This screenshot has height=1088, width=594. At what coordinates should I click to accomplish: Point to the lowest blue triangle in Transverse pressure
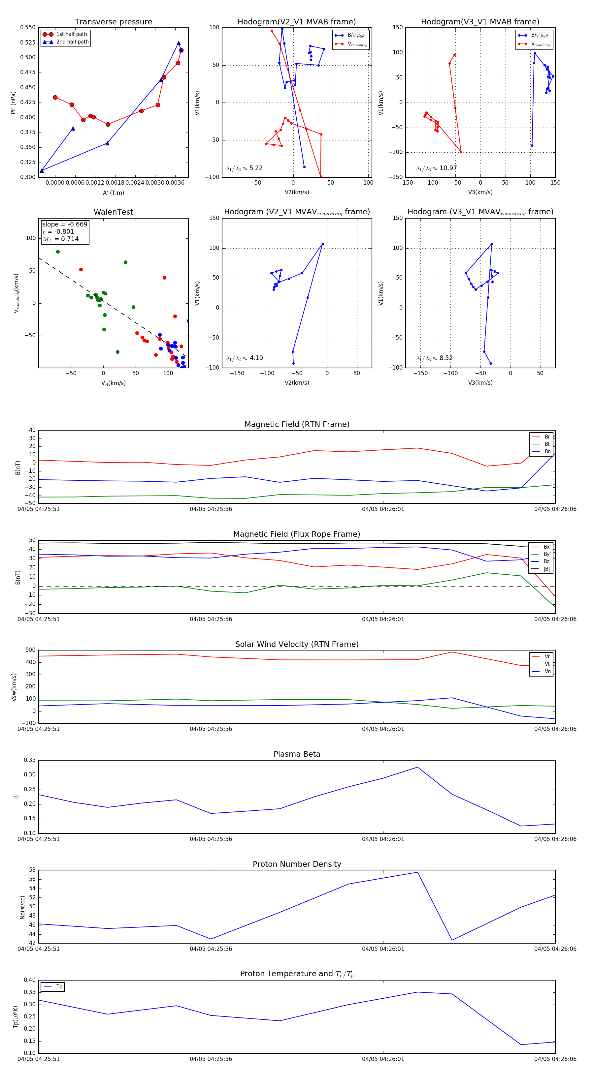point(42,171)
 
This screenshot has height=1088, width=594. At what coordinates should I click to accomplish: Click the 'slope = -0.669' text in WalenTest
point(65,224)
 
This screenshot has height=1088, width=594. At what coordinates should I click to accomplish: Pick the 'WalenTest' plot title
point(113,212)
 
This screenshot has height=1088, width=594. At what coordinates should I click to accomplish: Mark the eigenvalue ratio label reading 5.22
point(244,168)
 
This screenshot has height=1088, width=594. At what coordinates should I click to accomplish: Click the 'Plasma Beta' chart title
point(297,754)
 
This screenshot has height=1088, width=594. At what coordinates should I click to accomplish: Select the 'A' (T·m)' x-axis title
point(113,193)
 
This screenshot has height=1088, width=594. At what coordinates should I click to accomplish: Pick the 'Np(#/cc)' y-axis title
point(23,907)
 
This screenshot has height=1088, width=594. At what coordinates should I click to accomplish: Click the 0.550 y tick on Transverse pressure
point(28,27)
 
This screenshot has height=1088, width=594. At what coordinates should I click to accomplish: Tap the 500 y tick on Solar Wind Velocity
point(30,650)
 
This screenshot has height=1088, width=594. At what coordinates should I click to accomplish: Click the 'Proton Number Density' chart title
point(297,864)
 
